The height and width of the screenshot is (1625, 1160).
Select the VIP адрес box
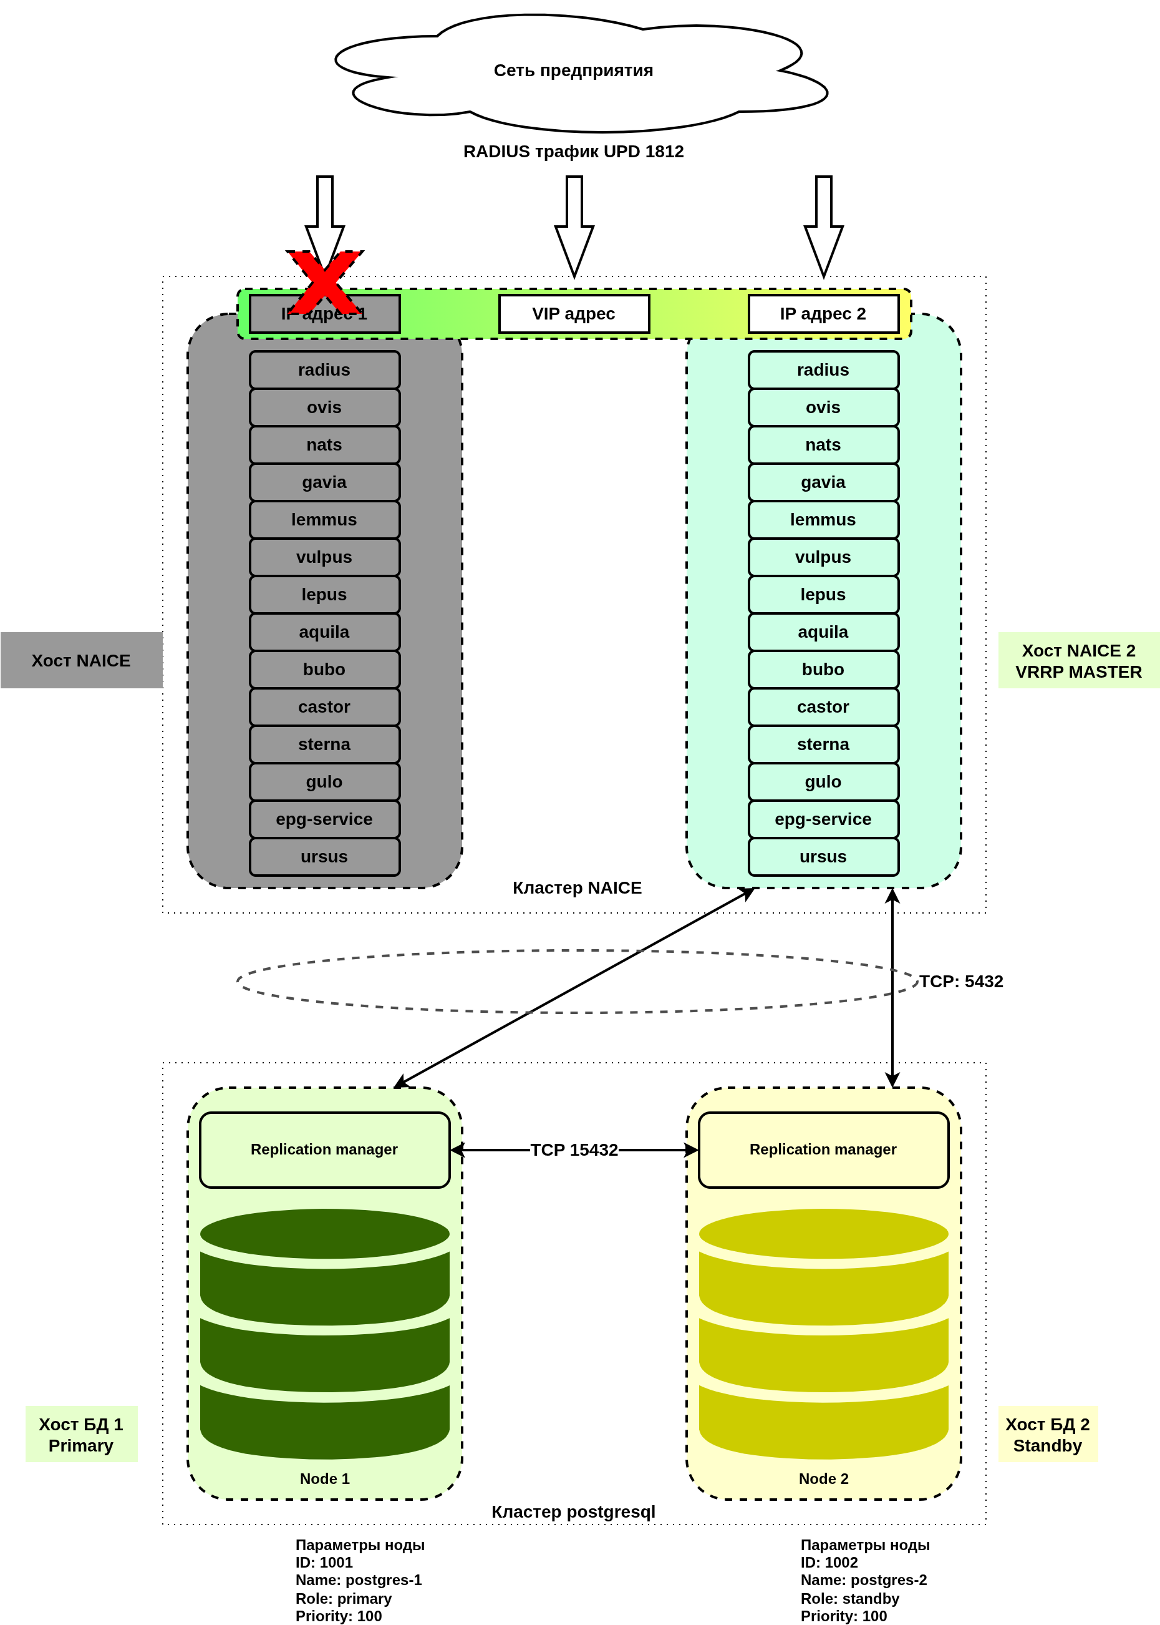[574, 314]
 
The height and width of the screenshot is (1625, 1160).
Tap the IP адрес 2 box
[823, 314]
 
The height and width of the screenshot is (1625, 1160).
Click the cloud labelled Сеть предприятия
[573, 71]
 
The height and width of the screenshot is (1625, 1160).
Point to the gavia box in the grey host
[324, 482]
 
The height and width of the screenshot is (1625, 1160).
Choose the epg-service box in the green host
[823, 819]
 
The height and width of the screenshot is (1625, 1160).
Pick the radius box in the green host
[823, 370]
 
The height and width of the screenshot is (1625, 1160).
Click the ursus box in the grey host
[324, 857]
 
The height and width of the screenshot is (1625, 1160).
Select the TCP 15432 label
[574, 1149]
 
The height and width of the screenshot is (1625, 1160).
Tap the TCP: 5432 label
[960, 981]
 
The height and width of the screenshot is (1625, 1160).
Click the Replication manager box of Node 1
[324, 1149]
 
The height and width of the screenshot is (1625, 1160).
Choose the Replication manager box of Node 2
[823, 1149]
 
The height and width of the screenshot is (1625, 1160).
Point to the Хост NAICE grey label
[80, 660]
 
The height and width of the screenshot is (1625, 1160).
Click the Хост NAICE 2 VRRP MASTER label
[1078, 661]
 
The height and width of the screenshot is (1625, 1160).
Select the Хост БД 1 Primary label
[80, 1434]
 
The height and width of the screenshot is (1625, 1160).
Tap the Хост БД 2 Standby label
[1047, 1434]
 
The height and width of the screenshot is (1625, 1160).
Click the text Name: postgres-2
[863, 1580]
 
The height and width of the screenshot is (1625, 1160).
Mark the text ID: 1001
[324, 1563]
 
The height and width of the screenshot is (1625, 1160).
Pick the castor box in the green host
[823, 707]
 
